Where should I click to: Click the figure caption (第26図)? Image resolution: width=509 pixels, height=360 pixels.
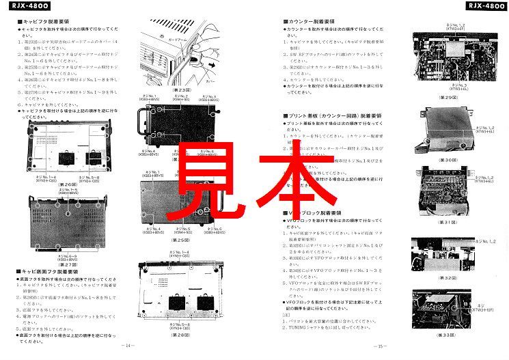point(68,184)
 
